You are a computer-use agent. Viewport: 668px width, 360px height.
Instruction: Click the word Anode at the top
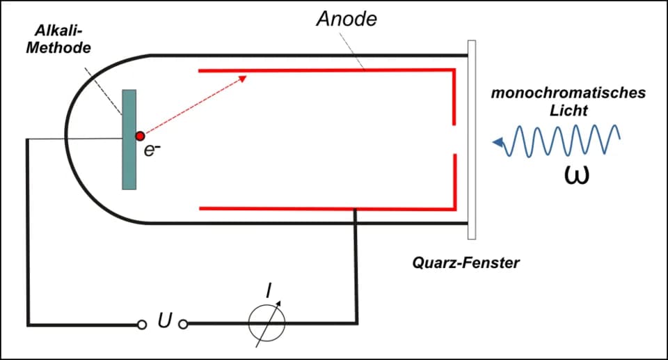tap(347, 19)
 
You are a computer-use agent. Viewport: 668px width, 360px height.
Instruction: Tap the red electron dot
tap(140, 136)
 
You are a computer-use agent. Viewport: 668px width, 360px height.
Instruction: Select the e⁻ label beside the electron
tap(152, 150)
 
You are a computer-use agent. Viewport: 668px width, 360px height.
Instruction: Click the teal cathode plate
tap(129, 139)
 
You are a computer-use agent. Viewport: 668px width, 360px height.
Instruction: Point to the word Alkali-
tap(58, 31)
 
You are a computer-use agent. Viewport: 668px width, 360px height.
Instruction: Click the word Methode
tap(58, 47)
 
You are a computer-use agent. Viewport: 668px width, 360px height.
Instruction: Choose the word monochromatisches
tap(568, 93)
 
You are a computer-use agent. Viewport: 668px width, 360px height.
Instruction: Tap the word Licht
tap(568, 111)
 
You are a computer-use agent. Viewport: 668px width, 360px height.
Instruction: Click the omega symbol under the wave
tap(576, 175)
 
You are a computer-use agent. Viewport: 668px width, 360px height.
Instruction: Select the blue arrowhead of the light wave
tap(498, 143)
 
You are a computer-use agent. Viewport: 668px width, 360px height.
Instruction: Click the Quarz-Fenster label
tap(466, 263)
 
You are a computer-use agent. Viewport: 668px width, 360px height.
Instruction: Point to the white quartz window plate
tap(472, 140)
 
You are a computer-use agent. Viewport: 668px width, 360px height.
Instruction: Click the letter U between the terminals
tap(165, 320)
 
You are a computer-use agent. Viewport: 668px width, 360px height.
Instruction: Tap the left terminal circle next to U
tap(142, 325)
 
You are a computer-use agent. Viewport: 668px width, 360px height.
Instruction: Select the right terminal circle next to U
tap(183, 324)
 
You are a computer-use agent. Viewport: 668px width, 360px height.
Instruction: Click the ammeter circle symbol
tap(267, 323)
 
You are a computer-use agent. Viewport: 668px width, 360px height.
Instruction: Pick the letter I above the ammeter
tap(269, 291)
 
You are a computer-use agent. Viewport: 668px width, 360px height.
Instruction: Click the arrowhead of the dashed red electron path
tap(242, 79)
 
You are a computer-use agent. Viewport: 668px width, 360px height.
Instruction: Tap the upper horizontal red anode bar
tap(326, 70)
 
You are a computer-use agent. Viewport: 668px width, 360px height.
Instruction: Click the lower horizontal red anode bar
tap(326, 209)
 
